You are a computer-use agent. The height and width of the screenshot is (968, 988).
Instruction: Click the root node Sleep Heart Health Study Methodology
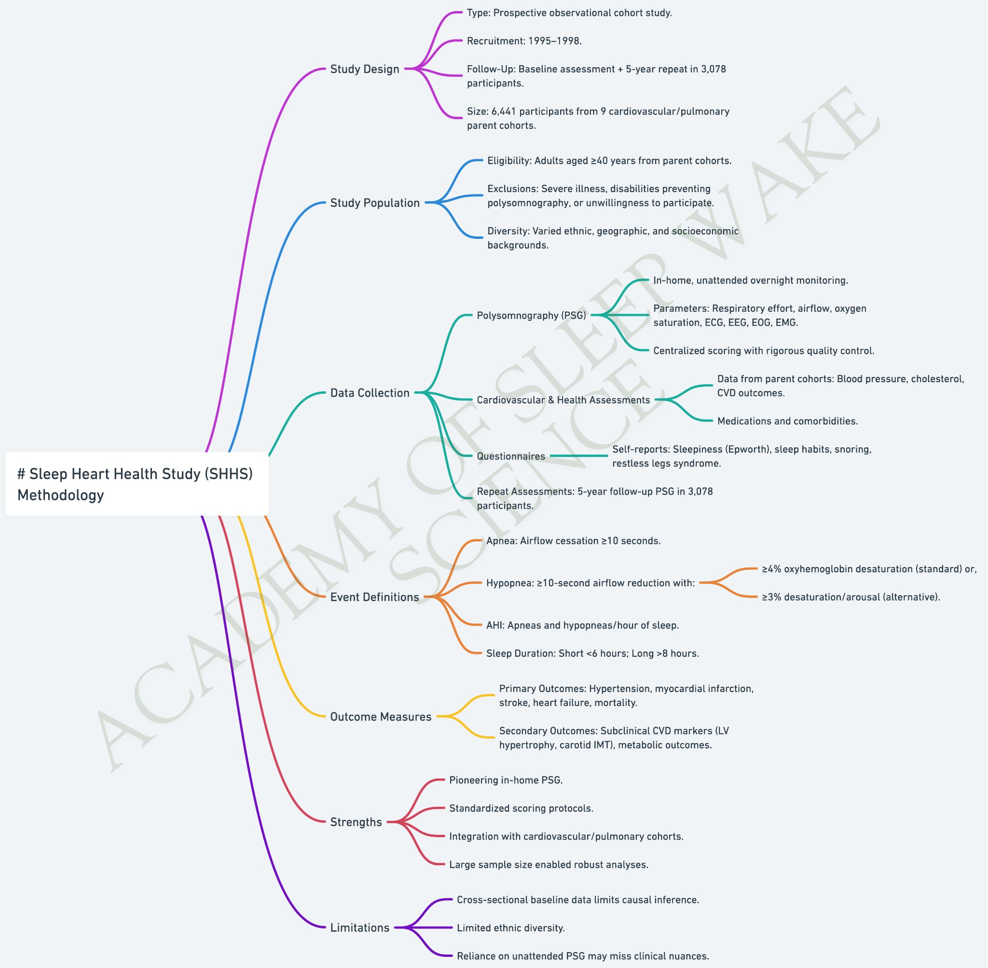point(136,484)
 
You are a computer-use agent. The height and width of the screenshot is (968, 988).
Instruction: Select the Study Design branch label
point(365,69)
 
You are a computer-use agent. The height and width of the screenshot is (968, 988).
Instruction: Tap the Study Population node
point(375,203)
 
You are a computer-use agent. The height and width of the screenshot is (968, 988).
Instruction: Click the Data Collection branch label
point(370,393)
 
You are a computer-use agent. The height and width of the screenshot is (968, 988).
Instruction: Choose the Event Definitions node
point(374,597)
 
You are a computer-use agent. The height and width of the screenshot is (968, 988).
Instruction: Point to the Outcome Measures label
point(381,717)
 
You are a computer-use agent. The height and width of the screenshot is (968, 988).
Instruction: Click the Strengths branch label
point(356,822)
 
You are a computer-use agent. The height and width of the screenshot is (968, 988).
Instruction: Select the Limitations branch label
point(360,928)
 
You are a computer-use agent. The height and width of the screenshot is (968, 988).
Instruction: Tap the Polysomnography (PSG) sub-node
point(532,316)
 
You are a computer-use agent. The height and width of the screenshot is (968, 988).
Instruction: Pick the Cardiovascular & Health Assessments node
point(563,400)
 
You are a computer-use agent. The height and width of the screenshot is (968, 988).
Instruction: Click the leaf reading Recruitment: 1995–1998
point(524,41)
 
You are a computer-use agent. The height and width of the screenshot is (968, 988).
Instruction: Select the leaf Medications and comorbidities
point(788,421)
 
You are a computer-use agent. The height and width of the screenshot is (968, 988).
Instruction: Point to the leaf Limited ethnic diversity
point(511,928)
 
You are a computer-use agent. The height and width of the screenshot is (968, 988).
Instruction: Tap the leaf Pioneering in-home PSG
point(506,780)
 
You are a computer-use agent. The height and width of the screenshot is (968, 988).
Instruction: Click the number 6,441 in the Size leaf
point(504,111)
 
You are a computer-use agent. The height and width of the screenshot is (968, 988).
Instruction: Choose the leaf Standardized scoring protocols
point(521,808)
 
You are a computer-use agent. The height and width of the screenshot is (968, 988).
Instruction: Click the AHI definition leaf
point(582,625)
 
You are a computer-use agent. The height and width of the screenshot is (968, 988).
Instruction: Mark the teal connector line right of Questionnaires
point(579,456)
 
